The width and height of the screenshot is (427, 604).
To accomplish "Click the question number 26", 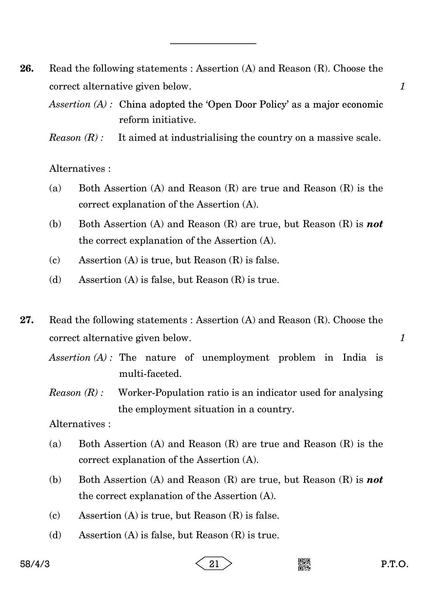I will coord(27,68).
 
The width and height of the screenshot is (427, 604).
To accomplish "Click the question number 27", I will coord(27,320).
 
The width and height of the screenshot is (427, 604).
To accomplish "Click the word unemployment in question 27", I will coord(235,358).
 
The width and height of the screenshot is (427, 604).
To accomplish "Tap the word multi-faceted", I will coord(150,374).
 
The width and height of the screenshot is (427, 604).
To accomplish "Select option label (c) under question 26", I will coord(55,260).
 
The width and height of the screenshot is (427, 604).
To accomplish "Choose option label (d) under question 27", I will coord(55,535).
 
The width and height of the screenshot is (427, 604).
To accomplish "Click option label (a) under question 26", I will coord(55,188).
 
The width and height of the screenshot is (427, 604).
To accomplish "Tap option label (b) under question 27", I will coord(55,479).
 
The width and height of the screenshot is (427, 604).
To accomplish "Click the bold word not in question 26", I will coord(375,224).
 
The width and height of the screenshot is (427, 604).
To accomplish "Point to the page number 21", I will coord(214,564).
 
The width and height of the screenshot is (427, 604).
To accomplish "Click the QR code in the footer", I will coord(304,564).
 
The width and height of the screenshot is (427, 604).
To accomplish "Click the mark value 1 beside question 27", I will coord(403,338).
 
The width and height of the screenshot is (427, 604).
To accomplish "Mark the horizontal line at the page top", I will coord(213,44).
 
